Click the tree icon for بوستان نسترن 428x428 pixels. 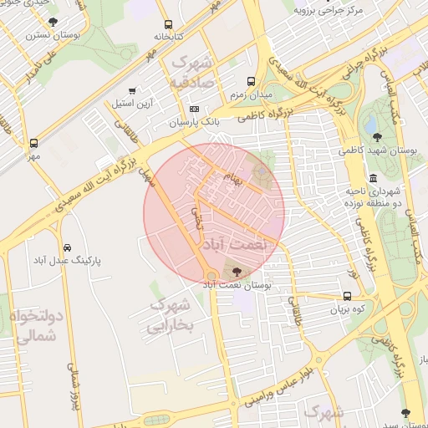pyautogui.click(x=53, y=23)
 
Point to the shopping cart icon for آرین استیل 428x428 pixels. pyautogui.click(x=132, y=91)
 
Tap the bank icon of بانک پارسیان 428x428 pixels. pyautogui.click(x=195, y=109)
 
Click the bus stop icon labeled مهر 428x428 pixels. pyautogui.click(x=33, y=143)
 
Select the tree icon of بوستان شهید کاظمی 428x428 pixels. pyautogui.click(x=377, y=137)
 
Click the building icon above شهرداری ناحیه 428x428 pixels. pyautogui.click(x=372, y=179)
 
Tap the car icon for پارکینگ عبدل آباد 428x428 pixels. pyautogui.click(x=66, y=248)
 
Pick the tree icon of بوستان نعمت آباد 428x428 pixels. pyautogui.click(x=237, y=272)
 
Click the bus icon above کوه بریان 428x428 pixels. pyautogui.click(x=347, y=296)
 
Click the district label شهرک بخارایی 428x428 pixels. pyautogui.click(x=171, y=316)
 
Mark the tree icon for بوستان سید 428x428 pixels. pyautogui.click(x=406, y=412)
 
